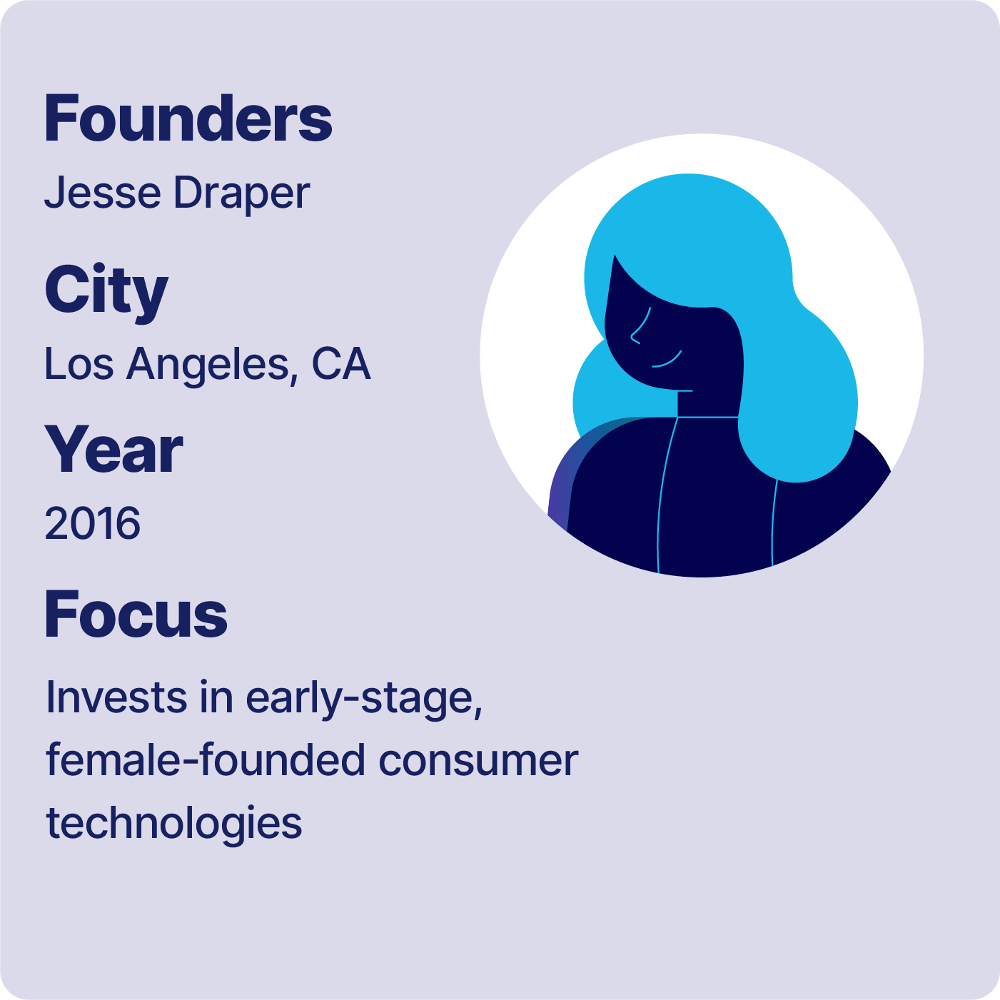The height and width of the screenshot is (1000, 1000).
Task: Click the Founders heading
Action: pos(188,118)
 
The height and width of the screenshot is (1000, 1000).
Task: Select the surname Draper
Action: pos(241,194)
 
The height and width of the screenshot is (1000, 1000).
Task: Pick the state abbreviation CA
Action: pos(341,363)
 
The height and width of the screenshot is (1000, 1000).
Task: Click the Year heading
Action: pos(113,450)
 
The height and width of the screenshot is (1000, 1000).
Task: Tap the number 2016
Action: pos(92,523)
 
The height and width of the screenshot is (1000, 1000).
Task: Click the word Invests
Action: pos(116,698)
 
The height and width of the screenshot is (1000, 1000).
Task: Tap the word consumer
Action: pos(478,763)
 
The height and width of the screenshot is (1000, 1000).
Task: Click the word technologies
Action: pos(174,824)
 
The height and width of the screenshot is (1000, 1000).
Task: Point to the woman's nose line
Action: pos(640,325)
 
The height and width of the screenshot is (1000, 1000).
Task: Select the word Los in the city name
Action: pos(79,364)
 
